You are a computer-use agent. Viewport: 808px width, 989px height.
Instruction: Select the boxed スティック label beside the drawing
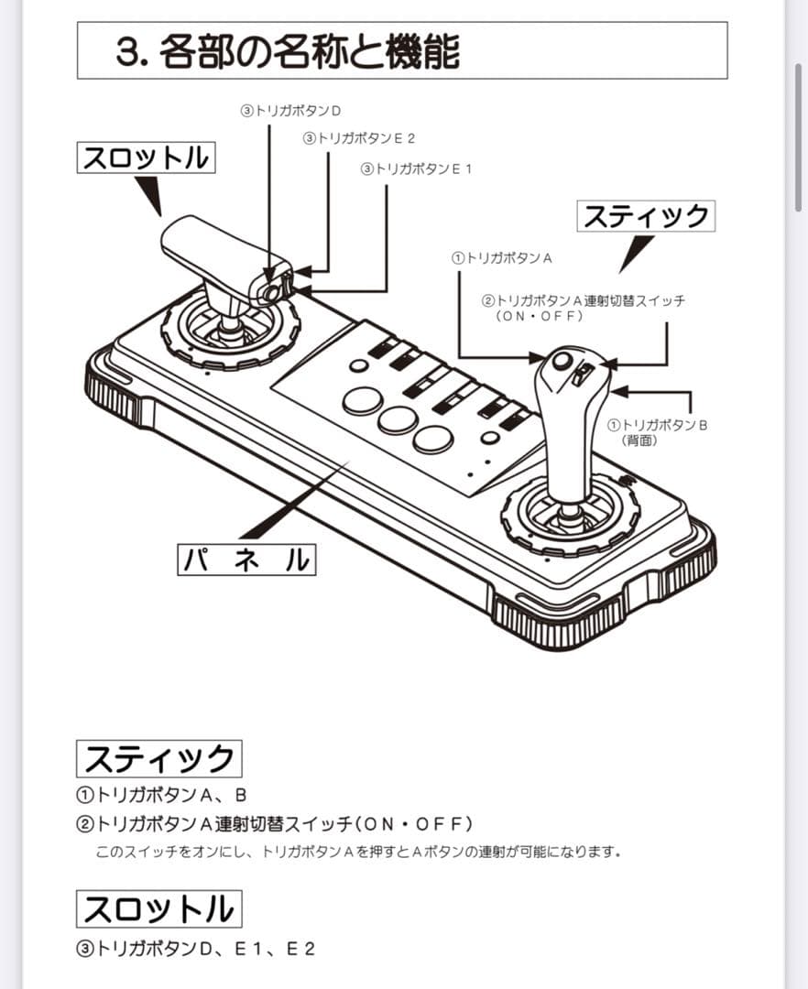pyautogui.click(x=646, y=216)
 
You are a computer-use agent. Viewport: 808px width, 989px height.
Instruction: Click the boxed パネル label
pyautogui.click(x=246, y=560)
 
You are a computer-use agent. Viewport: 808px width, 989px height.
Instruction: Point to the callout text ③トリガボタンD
pyautogui.click(x=290, y=110)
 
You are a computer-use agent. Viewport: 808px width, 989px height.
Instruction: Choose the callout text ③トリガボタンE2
pyautogui.click(x=359, y=138)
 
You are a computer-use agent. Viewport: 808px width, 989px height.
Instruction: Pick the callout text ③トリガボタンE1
pyautogui.click(x=417, y=168)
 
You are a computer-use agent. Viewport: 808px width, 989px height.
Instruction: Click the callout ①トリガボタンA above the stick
pyautogui.click(x=501, y=258)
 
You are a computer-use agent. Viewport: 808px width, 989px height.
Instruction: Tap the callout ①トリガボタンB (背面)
pyautogui.click(x=658, y=432)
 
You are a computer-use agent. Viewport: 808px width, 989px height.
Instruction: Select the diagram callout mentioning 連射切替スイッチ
pyautogui.click(x=583, y=307)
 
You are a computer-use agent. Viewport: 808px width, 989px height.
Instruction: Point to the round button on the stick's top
pyautogui.click(x=562, y=361)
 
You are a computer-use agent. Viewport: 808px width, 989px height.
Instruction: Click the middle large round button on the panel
pyautogui.click(x=397, y=419)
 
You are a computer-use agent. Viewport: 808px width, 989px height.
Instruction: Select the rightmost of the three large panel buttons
pyautogui.click(x=432, y=439)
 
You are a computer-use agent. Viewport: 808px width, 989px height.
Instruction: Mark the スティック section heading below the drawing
pyautogui.click(x=158, y=759)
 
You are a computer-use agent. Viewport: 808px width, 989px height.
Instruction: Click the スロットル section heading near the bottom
pyautogui.click(x=158, y=908)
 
